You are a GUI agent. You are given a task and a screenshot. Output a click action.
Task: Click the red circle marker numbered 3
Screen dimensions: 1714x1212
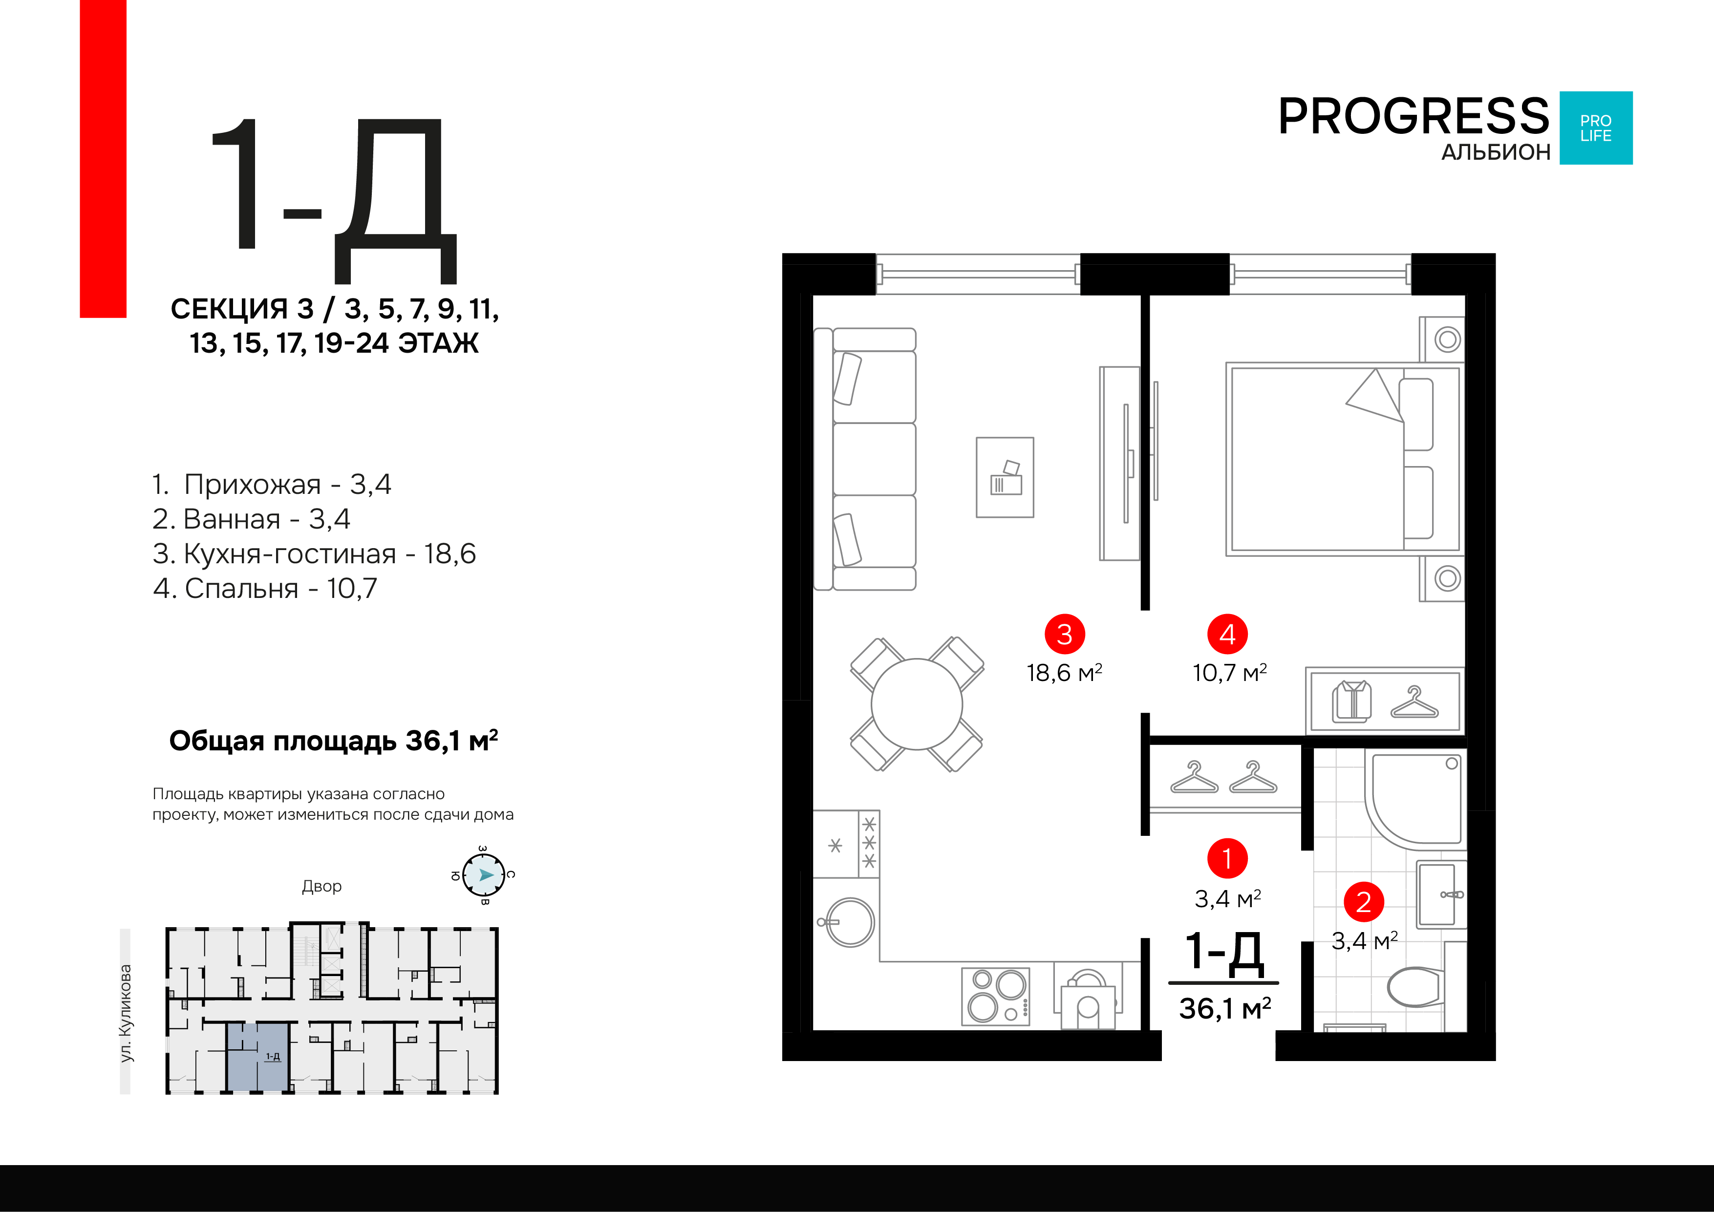pos(1065,635)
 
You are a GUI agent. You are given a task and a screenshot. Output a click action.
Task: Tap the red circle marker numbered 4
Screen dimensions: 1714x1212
pos(1227,635)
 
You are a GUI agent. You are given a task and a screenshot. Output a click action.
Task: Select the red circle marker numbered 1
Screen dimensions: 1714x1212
pos(1227,858)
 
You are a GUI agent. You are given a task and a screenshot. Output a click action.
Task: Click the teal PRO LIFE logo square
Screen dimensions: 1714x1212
pos(1596,128)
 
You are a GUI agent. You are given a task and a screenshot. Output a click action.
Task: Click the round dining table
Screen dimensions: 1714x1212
pos(917,704)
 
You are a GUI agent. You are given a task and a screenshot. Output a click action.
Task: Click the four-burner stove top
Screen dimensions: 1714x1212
pos(996,996)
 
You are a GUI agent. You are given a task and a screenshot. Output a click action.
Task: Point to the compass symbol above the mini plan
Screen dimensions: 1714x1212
pos(484,874)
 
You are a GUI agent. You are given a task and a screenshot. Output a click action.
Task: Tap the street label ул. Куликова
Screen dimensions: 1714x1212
pos(126,1013)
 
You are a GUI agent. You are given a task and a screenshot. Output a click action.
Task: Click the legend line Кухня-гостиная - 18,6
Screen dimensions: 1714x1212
pos(314,554)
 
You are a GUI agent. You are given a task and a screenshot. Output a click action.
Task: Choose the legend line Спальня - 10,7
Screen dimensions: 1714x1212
pos(265,588)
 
